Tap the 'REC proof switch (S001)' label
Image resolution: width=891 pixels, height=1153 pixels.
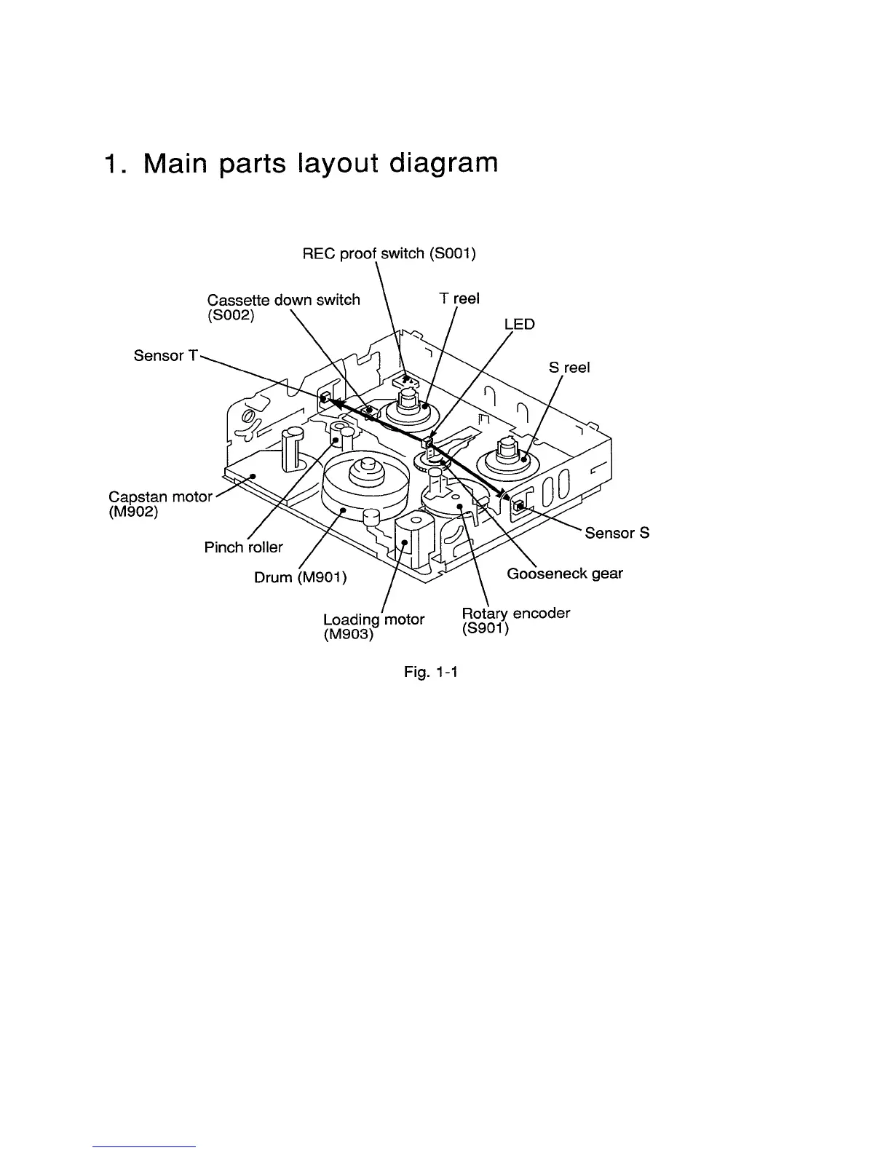[389, 254]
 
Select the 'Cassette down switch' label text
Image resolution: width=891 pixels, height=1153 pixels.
[283, 300]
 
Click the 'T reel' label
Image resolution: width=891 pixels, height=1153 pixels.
[459, 298]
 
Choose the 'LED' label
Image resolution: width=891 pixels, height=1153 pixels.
[519, 324]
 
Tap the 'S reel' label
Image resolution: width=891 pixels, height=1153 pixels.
[569, 368]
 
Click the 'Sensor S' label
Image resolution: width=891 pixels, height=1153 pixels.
[617, 533]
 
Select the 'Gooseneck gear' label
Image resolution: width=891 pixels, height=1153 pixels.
[564, 574]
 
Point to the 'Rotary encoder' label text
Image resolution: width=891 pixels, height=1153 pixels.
[515, 613]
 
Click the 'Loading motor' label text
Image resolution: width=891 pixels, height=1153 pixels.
[373, 619]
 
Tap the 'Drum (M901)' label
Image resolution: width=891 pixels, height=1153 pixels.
[300, 577]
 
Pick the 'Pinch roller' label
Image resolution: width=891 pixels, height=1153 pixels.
[243, 547]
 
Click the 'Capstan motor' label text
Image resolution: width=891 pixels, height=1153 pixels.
[160, 496]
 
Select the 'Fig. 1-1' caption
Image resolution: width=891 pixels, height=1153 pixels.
[430, 673]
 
